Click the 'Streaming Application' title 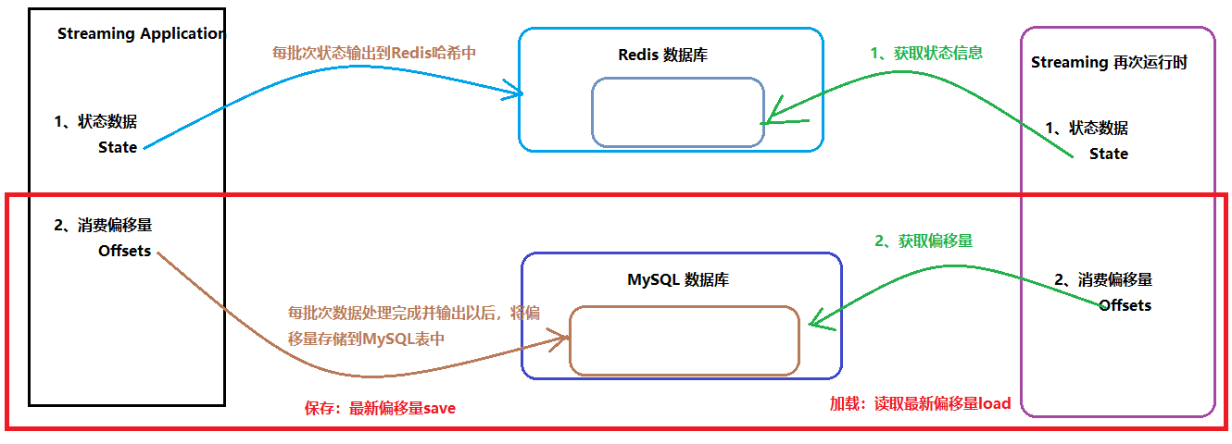point(140,34)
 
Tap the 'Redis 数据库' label point(663,55)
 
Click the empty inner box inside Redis point(677,112)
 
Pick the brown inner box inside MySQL point(684,340)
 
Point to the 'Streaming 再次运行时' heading point(1109,63)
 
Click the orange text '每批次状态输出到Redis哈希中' point(374,53)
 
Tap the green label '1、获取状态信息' point(926,54)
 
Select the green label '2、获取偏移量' point(924,240)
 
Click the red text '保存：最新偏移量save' point(380,408)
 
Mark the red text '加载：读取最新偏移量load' point(919,404)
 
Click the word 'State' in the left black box point(118,147)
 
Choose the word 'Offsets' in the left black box point(124,251)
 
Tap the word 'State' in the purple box point(1108,154)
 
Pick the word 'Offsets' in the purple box point(1125,305)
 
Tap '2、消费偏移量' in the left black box point(103,225)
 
